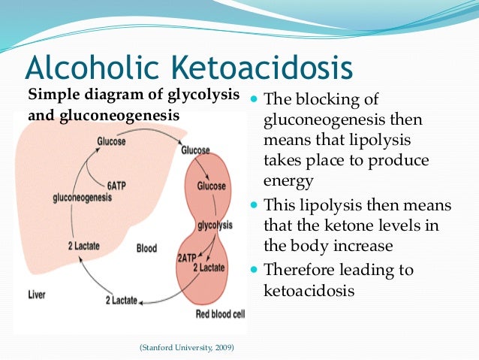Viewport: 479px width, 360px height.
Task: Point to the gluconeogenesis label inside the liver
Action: (x=82, y=197)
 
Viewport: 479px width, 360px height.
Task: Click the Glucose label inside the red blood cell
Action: (x=212, y=186)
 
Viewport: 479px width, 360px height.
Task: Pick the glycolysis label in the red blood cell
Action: (x=212, y=225)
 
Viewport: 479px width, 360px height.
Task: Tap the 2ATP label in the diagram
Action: (x=188, y=256)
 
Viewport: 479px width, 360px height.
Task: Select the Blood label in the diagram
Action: (x=147, y=248)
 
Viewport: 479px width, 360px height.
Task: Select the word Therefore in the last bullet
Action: (x=300, y=270)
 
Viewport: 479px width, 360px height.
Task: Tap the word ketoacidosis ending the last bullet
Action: (x=309, y=289)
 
